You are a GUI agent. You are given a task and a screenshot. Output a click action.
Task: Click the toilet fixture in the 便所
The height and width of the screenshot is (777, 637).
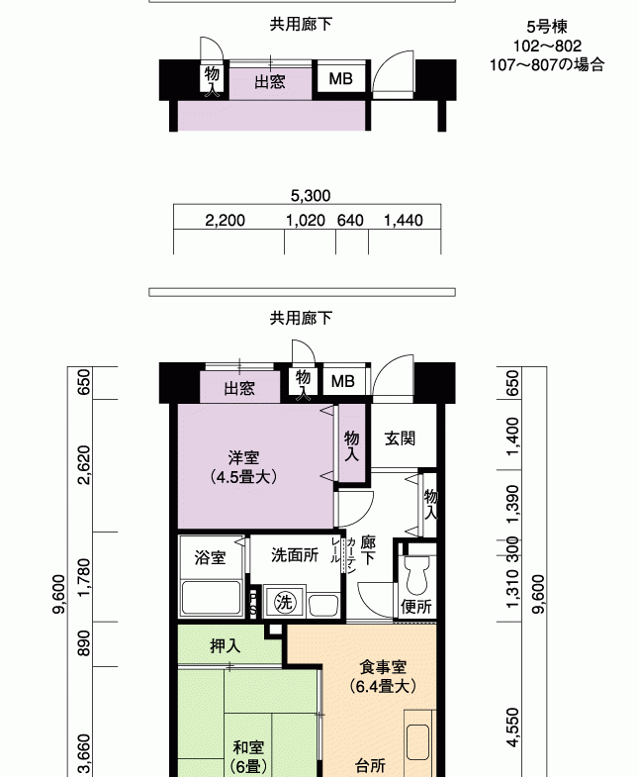pyautogui.click(x=416, y=574)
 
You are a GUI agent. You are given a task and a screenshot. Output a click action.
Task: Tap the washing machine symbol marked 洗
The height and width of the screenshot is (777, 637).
pyautogui.click(x=284, y=602)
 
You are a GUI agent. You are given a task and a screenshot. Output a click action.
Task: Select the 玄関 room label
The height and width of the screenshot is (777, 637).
pyautogui.click(x=400, y=438)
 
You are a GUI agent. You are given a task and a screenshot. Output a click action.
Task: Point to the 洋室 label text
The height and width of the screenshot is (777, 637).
pyautogui.click(x=243, y=457)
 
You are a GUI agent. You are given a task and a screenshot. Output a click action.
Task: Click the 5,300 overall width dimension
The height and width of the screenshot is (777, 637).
pyautogui.click(x=311, y=196)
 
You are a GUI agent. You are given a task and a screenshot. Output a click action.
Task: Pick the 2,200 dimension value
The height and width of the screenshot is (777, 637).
pyautogui.click(x=225, y=220)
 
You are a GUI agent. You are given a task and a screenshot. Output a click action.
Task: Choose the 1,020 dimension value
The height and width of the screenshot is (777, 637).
pyautogui.click(x=306, y=220)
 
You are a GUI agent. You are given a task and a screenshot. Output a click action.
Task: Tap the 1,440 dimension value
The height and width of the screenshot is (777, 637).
pyautogui.click(x=404, y=220)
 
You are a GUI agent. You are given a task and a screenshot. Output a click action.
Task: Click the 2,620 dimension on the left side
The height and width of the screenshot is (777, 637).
pyautogui.click(x=85, y=465)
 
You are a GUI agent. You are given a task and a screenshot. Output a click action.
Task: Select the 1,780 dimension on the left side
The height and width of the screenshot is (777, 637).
pyautogui.click(x=85, y=577)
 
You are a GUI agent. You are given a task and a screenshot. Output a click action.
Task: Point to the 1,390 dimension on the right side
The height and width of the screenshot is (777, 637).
pyautogui.click(x=512, y=504)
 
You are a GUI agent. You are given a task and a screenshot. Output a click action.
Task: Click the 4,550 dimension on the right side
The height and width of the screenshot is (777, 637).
pyautogui.click(x=512, y=727)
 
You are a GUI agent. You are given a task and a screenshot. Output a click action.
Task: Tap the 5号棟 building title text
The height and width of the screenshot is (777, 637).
pyautogui.click(x=547, y=27)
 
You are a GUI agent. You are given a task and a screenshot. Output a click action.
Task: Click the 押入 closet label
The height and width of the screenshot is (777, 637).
pyautogui.click(x=226, y=645)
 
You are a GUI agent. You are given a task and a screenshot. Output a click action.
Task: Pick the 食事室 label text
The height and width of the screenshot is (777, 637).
pyautogui.click(x=383, y=667)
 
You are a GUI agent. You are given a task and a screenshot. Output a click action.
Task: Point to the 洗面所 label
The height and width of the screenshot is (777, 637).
pyautogui.click(x=295, y=555)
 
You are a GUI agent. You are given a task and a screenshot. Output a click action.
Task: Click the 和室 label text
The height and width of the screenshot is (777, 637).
pyautogui.click(x=248, y=746)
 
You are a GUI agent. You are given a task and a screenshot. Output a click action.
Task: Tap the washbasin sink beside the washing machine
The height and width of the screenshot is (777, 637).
pyautogui.click(x=323, y=605)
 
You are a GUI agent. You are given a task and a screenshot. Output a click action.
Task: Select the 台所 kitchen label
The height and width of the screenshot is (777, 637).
pyautogui.click(x=371, y=765)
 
